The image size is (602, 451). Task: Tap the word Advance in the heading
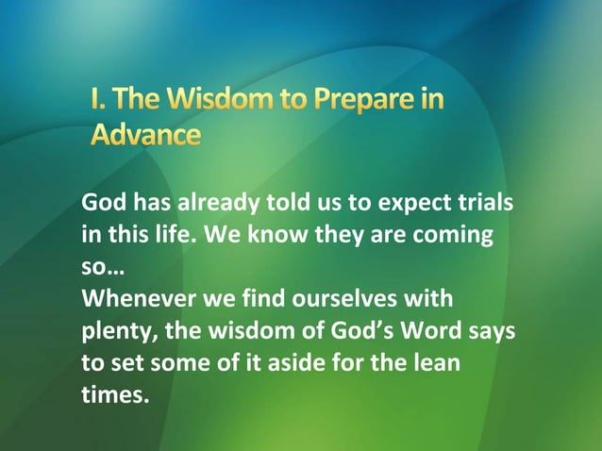point(145,134)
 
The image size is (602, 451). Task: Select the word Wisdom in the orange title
point(212,100)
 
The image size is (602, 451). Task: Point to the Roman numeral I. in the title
point(98,100)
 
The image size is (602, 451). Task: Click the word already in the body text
point(215,203)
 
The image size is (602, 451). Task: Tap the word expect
point(411,203)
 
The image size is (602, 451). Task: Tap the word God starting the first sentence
point(104,203)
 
